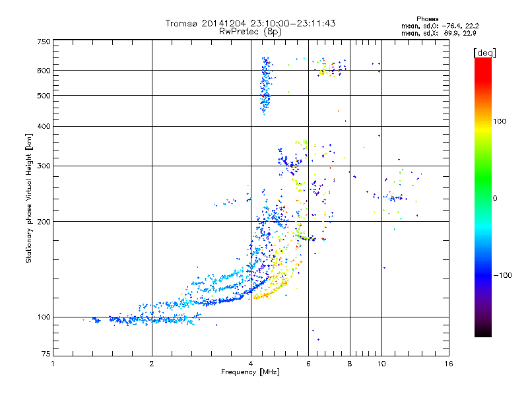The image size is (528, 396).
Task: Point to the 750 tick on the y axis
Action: pyautogui.click(x=44, y=41)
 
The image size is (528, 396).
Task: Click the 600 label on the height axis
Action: pyautogui.click(x=44, y=71)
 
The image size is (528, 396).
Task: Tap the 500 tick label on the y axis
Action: pyautogui.click(x=44, y=96)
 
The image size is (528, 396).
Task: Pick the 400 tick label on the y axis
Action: pyautogui.click(x=44, y=126)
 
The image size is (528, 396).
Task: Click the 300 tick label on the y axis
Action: pyautogui.click(x=44, y=166)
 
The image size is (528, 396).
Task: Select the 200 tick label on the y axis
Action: pyautogui.click(x=44, y=221)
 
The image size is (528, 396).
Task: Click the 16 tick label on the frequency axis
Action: pyautogui.click(x=449, y=364)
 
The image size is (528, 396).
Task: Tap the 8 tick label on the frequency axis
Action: pyautogui.click(x=350, y=364)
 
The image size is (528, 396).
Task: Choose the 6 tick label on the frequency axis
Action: pyautogui.click(x=308, y=364)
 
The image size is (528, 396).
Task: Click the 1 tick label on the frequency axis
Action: pyautogui.click(x=53, y=364)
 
